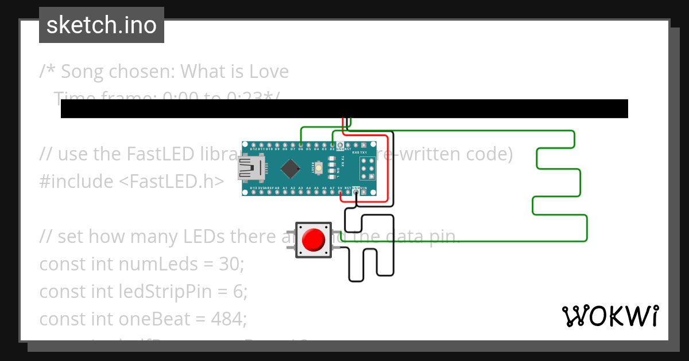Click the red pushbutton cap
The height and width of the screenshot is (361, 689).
click(313, 240)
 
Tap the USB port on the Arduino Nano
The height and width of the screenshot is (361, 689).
click(251, 168)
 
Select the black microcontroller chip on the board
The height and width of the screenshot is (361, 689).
click(291, 168)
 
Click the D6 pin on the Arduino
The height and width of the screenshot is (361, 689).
click(300, 145)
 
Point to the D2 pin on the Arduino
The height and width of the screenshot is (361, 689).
click(332, 145)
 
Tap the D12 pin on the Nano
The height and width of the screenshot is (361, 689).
click(253, 145)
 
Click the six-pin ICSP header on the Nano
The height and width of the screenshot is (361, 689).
click(367, 168)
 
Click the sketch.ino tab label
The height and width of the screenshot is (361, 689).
click(102, 25)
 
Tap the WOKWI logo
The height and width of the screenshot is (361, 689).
click(610, 316)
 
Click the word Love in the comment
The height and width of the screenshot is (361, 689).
click(269, 72)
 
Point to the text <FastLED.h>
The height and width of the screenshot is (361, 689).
click(172, 182)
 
